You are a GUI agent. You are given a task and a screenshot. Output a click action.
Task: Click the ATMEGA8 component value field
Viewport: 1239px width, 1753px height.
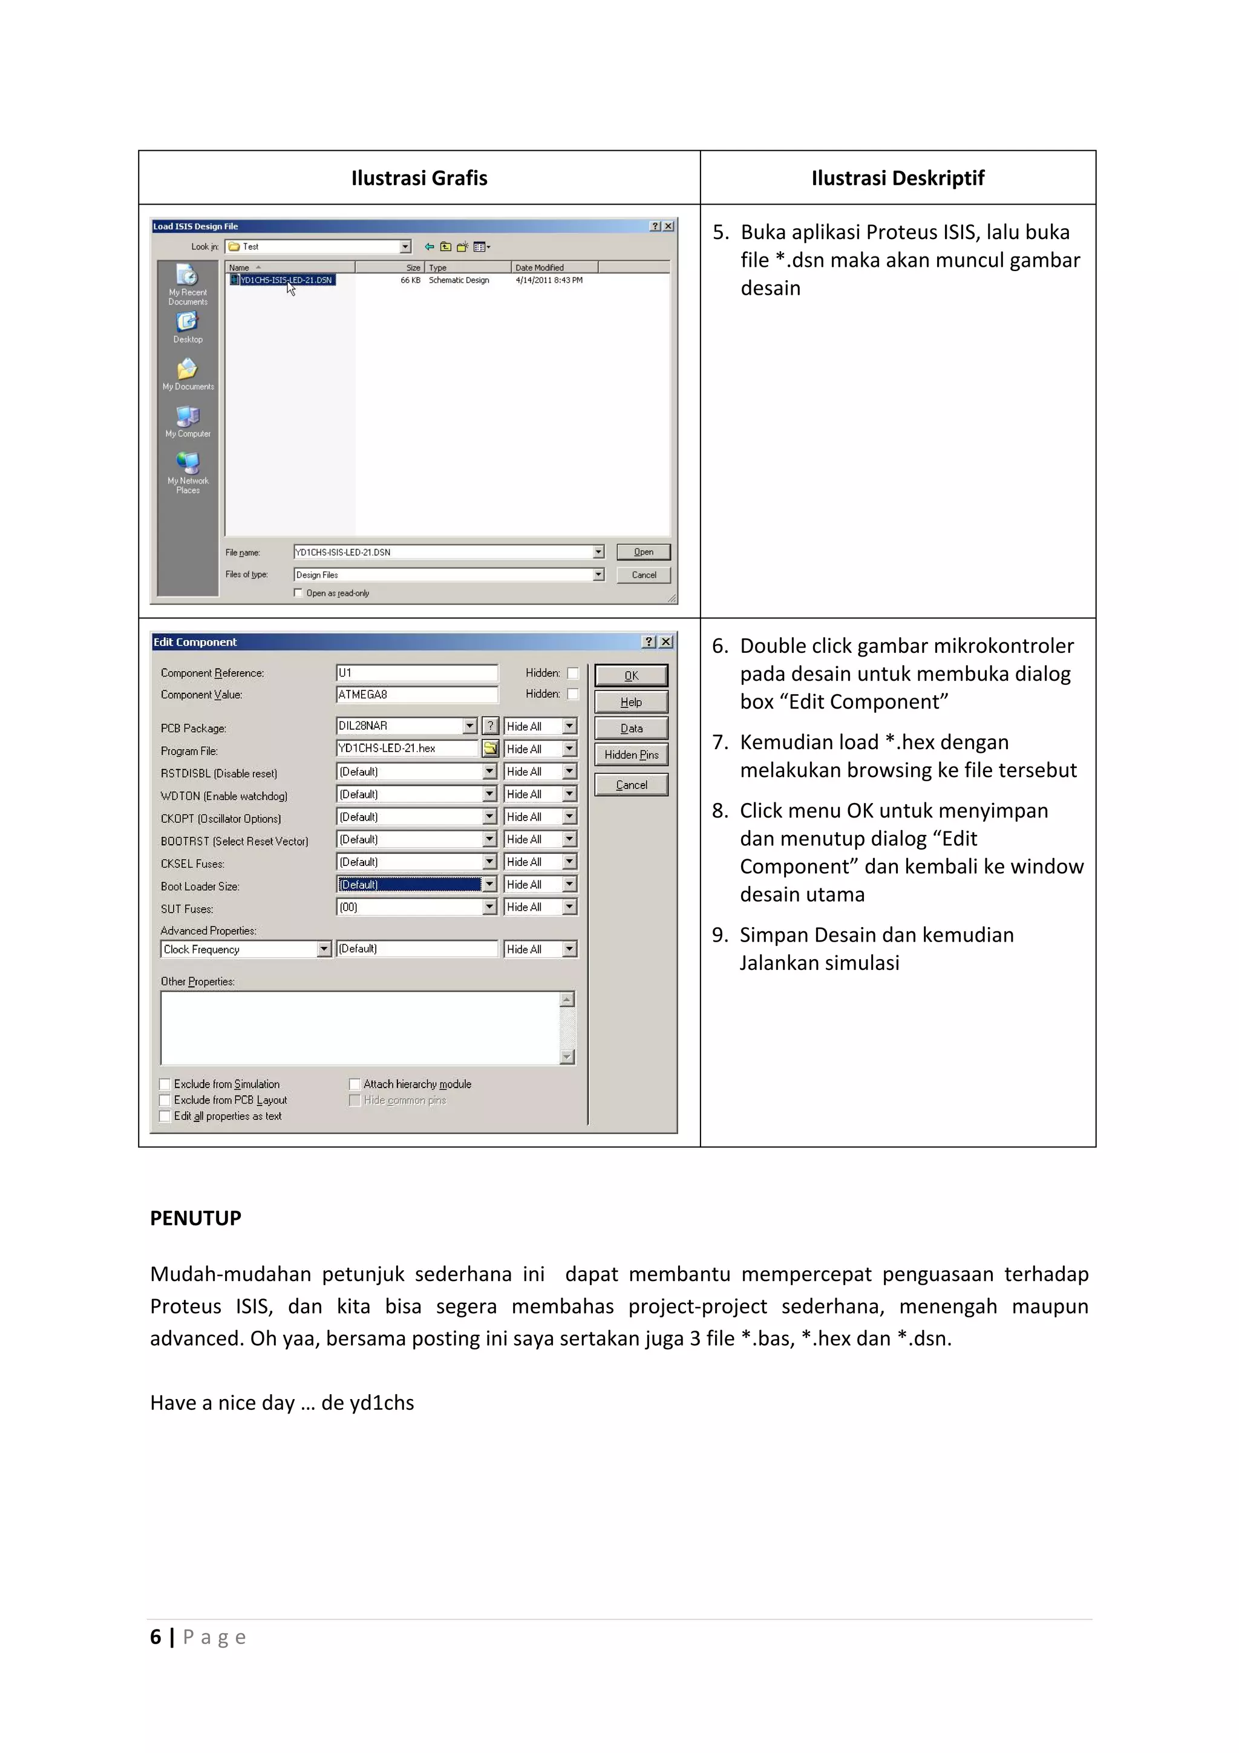coord(416,694)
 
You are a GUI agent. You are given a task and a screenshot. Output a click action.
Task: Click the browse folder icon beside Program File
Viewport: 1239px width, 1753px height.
coord(490,749)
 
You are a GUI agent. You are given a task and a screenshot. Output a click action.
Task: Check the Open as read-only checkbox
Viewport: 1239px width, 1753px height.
coord(298,593)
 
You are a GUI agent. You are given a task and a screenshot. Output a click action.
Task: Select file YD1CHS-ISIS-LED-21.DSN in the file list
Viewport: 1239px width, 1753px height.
coord(286,280)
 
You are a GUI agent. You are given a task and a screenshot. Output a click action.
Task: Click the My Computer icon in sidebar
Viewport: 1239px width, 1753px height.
coord(188,421)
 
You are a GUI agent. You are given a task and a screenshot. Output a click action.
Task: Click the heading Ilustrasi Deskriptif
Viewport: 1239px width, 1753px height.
coord(897,178)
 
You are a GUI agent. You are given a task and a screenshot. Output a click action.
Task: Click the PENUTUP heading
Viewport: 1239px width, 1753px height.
coord(195,1218)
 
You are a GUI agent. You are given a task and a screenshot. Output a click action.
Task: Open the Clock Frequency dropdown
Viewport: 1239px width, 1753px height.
coord(324,949)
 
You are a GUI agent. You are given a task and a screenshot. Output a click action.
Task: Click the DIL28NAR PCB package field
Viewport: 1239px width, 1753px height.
coord(400,726)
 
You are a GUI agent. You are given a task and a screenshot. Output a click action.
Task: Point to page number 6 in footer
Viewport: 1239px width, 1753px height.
coord(155,1637)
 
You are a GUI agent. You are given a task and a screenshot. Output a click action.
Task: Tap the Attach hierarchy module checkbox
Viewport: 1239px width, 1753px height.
coord(355,1084)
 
